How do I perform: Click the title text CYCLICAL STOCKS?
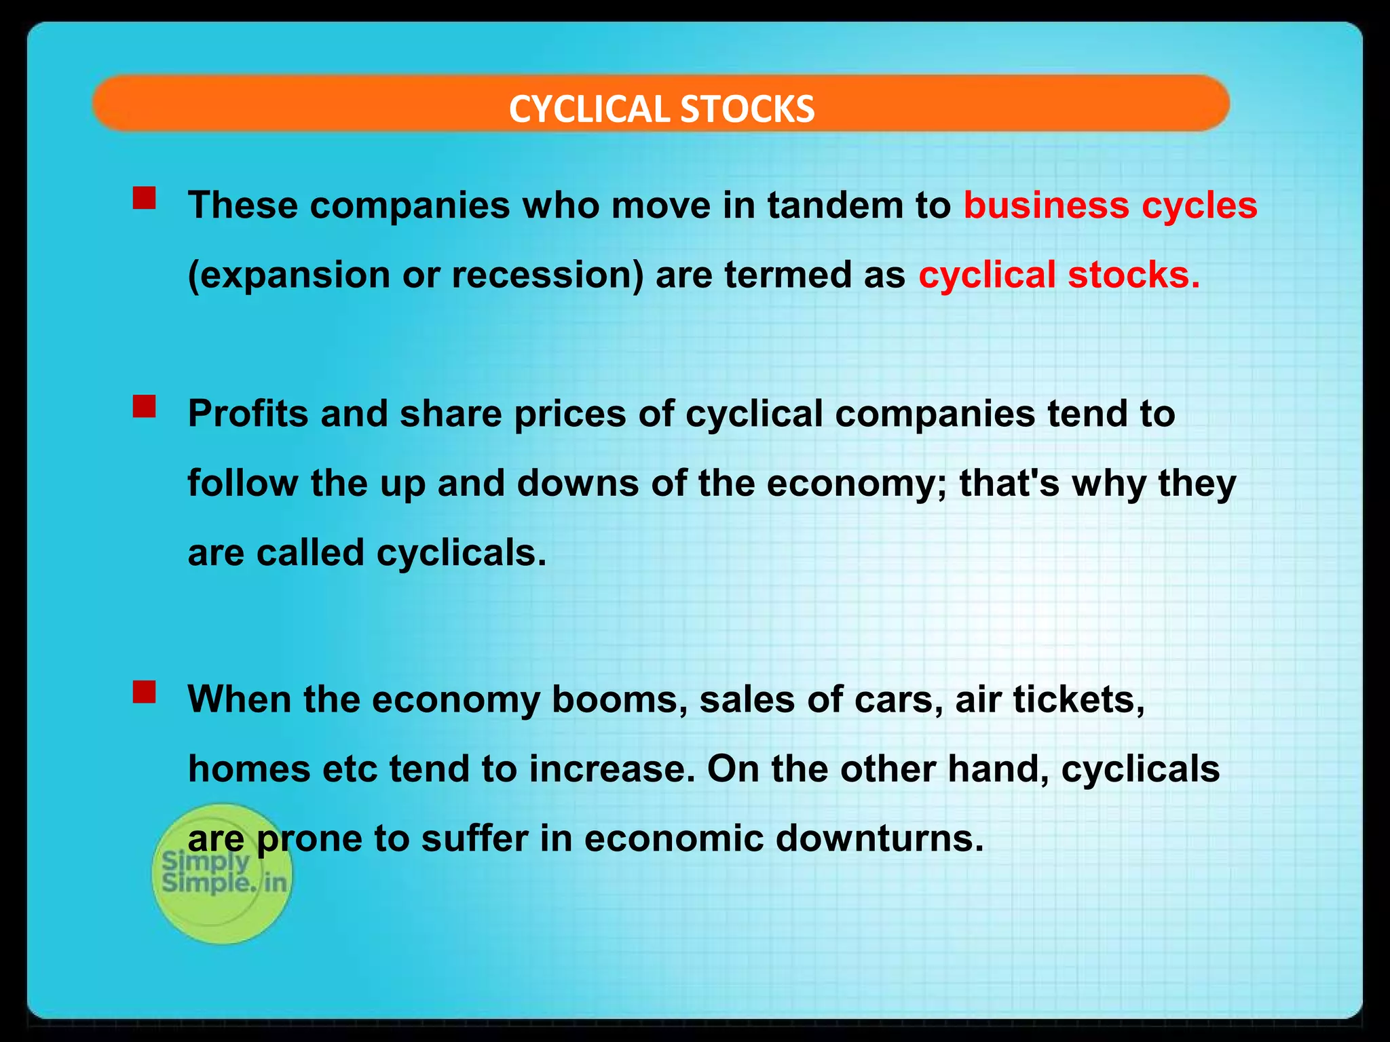661,109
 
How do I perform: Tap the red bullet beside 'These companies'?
145,199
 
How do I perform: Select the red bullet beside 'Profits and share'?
145,407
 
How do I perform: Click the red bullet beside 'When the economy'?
145,693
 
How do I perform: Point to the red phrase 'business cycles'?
1110,206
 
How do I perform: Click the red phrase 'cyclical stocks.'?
1059,275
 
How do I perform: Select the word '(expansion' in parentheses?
288,275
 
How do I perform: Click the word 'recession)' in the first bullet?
547,275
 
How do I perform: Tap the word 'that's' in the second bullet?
1009,483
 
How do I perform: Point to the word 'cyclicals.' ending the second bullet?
461,553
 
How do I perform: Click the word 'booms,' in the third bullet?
615,699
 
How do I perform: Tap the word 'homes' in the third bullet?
248,769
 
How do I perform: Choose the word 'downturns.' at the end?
879,838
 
